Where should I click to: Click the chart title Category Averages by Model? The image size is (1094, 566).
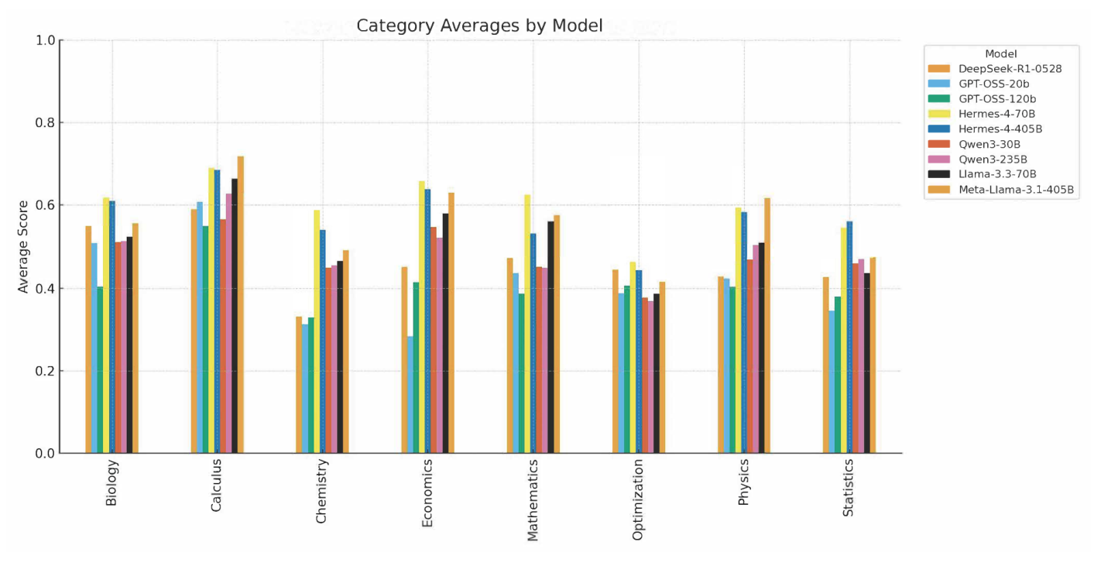tap(479, 26)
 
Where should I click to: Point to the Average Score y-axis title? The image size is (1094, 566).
tap(23, 246)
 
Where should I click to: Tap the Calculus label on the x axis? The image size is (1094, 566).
tap(217, 485)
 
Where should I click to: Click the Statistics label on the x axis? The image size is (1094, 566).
tap(849, 488)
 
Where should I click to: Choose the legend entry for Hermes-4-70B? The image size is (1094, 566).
tap(996, 114)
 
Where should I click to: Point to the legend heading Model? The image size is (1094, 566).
tap(1000, 53)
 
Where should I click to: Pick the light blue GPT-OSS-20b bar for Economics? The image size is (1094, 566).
tap(410, 394)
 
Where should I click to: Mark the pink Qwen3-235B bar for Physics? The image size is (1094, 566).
tap(756, 349)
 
